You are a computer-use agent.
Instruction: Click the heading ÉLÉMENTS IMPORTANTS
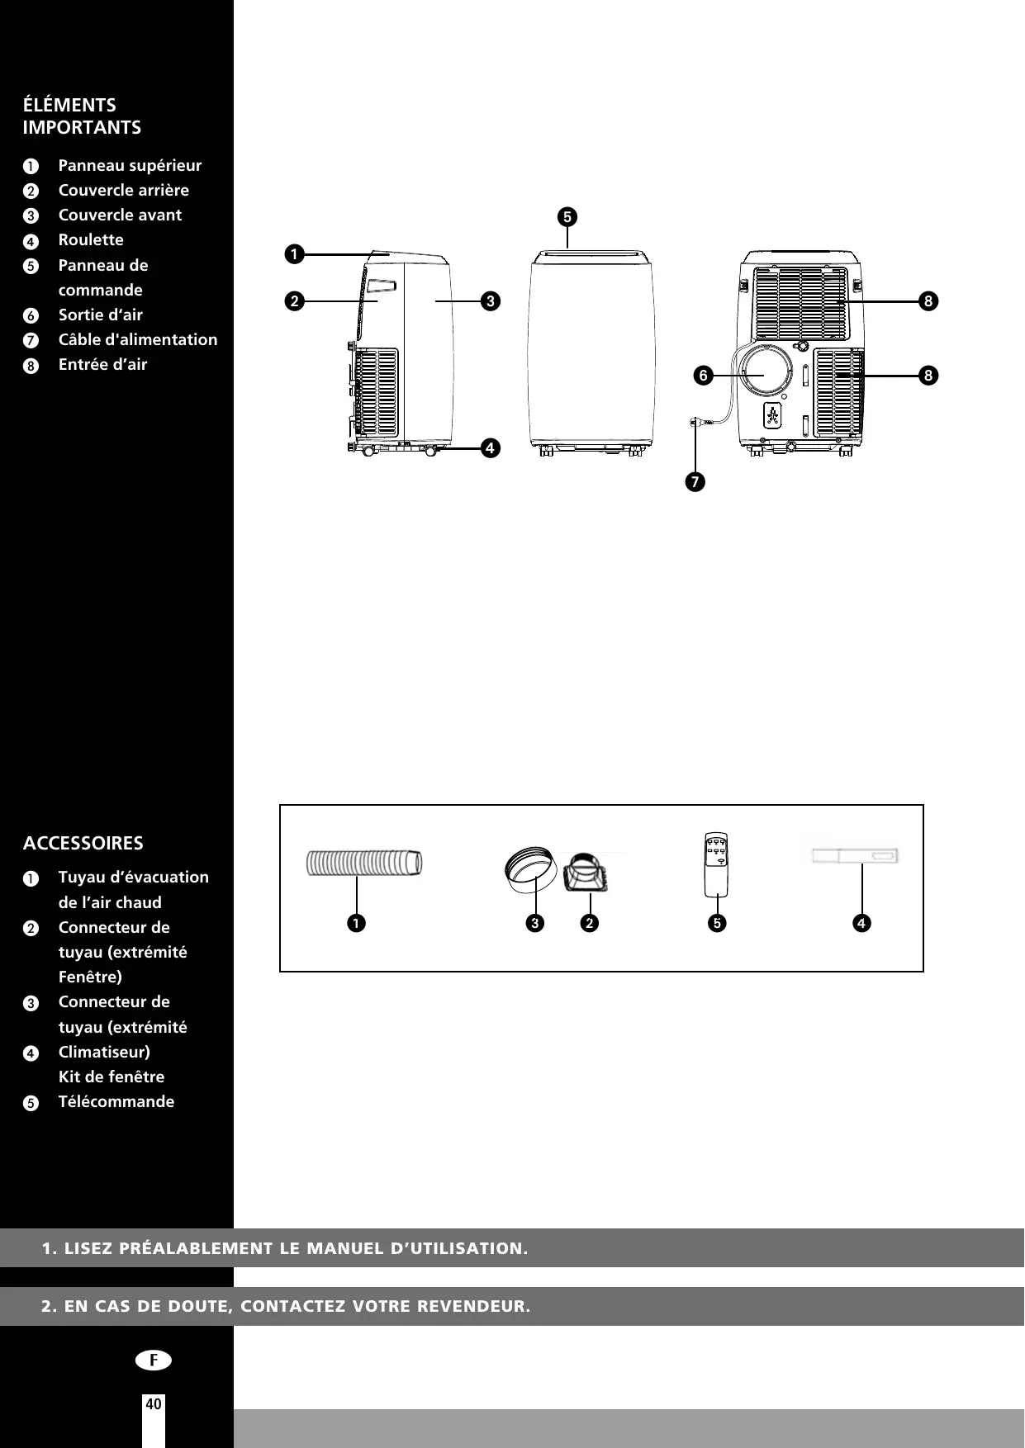point(82,116)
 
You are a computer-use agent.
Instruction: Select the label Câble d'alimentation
point(138,339)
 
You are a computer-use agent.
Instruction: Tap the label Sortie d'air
point(100,315)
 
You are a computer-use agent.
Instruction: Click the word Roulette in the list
point(91,239)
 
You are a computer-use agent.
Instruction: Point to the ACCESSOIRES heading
point(83,843)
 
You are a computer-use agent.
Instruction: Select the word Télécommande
point(116,1101)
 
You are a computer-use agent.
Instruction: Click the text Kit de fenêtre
point(112,1077)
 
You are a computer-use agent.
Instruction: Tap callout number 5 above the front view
point(567,217)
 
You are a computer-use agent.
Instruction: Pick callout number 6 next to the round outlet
point(703,376)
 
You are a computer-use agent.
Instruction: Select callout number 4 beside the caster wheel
point(490,448)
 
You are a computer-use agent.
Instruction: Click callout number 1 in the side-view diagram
point(292,254)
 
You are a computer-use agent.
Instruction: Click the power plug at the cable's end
point(695,423)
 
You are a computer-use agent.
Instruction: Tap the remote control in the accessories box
point(718,863)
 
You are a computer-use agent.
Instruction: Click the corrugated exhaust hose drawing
point(364,863)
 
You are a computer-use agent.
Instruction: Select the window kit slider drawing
point(855,856)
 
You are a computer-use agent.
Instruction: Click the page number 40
point(154,1403)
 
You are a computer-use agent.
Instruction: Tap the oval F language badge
point(154,1360)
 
